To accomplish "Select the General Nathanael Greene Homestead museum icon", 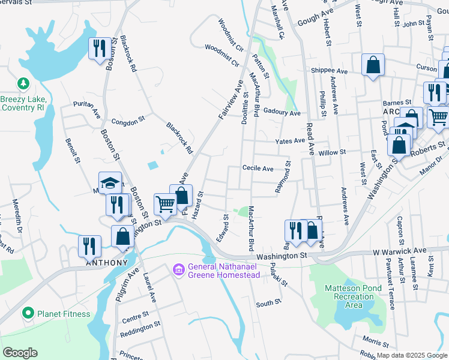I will [178, 271].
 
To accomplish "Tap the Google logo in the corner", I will [20, 353].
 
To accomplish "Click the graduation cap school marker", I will [110, 183].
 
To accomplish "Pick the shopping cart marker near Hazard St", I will [165, 203].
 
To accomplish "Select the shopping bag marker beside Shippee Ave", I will [373, 65].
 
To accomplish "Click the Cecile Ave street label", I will [258, 169].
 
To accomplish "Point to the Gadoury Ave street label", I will [282, 113].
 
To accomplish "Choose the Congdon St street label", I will [129, 120].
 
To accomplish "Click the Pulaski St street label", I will [280, 275].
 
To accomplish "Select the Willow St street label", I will [332, 152].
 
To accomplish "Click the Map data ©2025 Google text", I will [412, 355].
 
